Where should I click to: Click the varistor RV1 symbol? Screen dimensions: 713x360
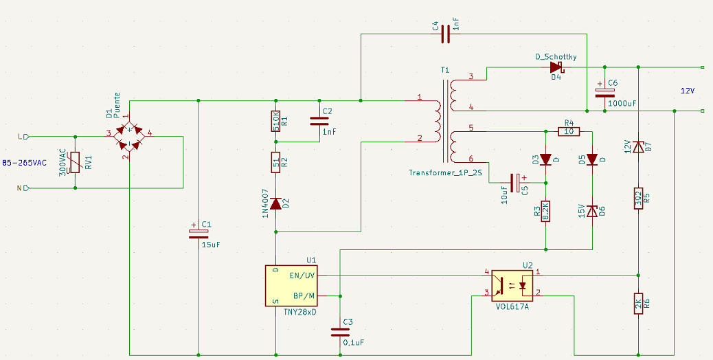(x=76, y=162)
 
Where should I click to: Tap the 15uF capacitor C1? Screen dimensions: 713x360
(x=199, y=233)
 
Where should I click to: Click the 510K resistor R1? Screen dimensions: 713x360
(x=275, y=121)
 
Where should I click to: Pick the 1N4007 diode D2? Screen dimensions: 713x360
(x=275, y=203)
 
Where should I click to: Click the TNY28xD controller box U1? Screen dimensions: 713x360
(x=292, y=286)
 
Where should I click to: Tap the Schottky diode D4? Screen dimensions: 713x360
(x=556, y=68)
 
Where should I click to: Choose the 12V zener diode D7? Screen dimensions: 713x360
(x=638, y=147)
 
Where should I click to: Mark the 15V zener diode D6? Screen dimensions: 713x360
(x=592, y=212)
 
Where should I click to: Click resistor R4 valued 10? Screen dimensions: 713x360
(x=569, y=132)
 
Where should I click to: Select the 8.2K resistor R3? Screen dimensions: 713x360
(x=546, y=211)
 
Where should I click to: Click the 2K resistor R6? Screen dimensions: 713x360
(x=638, y=304)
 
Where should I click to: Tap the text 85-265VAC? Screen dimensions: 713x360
(x=25, y=163)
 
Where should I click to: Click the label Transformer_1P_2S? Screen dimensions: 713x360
(x=445, y=172)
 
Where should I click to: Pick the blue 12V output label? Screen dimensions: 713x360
(x=688, y=91)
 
